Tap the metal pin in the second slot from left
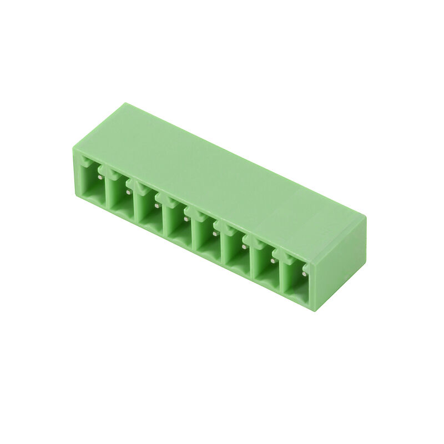(x=128, y=192)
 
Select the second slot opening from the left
(x=119, y=196)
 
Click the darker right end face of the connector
(x=339, y=255)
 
